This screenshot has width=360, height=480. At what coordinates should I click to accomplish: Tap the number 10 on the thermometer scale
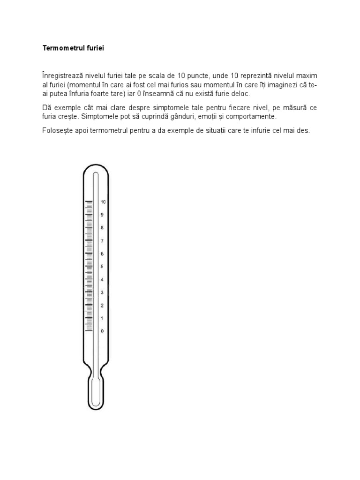tap(103, 202)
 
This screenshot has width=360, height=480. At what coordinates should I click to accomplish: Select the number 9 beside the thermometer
tap(102, 215)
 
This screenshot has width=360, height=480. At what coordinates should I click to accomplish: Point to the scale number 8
tap(102, 228)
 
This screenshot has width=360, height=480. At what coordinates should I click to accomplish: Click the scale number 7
tap(102, 241)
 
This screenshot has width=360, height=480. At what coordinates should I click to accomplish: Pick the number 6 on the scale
tap(102, 254)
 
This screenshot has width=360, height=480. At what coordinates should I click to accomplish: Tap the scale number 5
tap(102, 267)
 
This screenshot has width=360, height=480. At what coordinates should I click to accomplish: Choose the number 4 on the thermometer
tap(102, 279)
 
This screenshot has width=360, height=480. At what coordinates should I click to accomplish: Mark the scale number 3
tap(102, 292)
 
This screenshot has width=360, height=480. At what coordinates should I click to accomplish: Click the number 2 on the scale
tap(102, 305)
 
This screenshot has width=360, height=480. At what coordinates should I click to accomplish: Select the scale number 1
tap(102, 318)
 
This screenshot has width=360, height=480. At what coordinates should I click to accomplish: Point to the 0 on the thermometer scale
tap(102, 331)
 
